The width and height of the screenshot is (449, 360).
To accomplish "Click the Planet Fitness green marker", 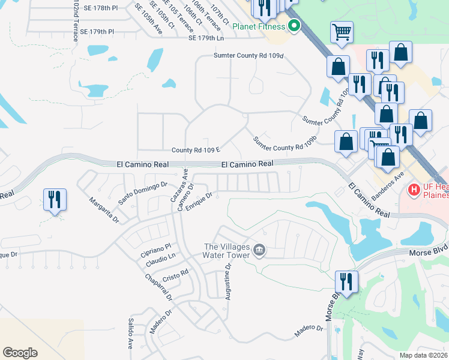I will click(294, 26).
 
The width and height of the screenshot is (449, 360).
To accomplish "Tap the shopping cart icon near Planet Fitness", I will click(342, 31).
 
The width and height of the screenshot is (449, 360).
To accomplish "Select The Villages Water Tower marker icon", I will click(259, 250).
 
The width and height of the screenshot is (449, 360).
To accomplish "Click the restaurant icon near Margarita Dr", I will click(55, 200).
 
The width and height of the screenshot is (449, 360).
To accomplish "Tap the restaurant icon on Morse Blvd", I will click(346, 281).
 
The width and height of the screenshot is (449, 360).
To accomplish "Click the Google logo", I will click(20, 353).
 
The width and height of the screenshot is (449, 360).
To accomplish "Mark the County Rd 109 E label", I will click(196, 150).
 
